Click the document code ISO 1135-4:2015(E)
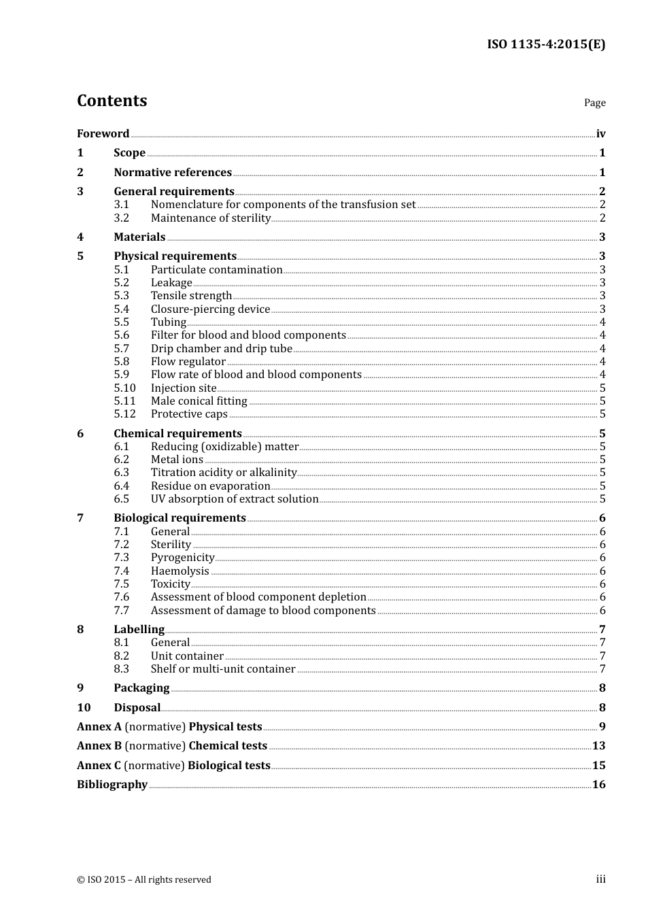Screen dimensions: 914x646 pyautogui.click(x=545, y=45)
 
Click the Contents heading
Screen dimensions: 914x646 pyautogui.click(x=112, y=101)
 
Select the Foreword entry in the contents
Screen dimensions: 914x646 pyautogui.click(x=103, y=134)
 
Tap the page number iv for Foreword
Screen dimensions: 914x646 pyautogui.click(x=600, y=134)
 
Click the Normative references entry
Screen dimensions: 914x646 pyautogui.click(x=173, y=173)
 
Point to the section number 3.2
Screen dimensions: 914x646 pyautogui.click(x=122, y=218)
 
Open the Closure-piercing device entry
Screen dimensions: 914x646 pyautogui.click(x=210, y=309)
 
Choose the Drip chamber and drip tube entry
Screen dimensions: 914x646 pyautogui.click(x=221, y=349)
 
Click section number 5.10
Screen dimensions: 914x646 pyautogui.click(x=124, y=388)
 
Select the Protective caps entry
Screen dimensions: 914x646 pyautogui.click(x=189, y=414)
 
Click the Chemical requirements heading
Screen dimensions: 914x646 pyautogui.click(x=177, y=434)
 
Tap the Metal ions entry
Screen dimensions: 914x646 pyautogui.click(x=177, y=460)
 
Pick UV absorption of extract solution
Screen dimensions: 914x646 pyautogui.click(x=235, y=499)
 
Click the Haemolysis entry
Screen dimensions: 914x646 pyautogui.click(x=180, y=571)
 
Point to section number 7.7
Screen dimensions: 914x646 pyautogui.click(x=122, y=611)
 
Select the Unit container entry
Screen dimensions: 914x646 pyautogui.click(x=187, y=656)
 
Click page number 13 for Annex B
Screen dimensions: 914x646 pyautogui.click(x=598, y=746)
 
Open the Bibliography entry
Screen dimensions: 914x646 pyautogui.click(x=112, y=785)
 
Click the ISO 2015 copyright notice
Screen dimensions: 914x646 pyautogui.click(x=144, y=880)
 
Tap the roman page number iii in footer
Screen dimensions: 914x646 pyautogui.click(x=600, y=879)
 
